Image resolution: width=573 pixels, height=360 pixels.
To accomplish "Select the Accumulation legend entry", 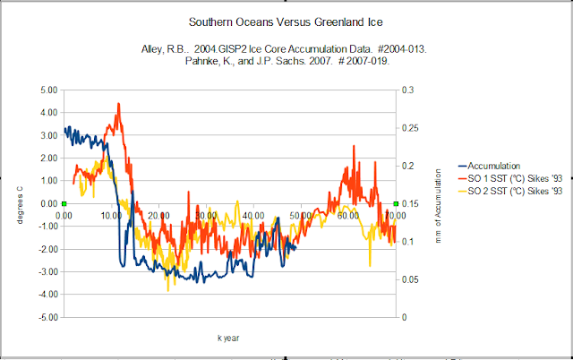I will tap(493, 166).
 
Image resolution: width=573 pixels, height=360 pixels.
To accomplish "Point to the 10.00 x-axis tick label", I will tap(112, 215).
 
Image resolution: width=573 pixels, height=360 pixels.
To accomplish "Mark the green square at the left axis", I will tap(64, 204).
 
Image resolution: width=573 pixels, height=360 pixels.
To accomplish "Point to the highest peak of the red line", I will tap(118, 104).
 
